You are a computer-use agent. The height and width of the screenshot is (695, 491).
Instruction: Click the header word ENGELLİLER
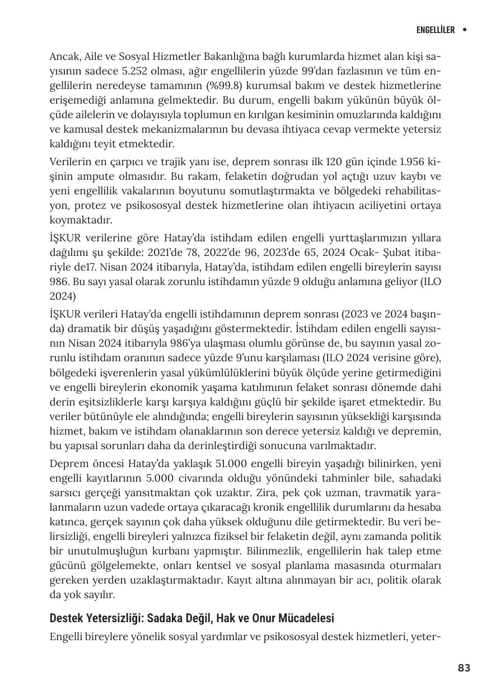pyautogui.click(x=435, y=30)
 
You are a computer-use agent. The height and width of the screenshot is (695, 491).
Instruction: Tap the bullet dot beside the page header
pyautogui.click(x=464, y=30)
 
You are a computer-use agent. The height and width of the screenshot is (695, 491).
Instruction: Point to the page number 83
pyautogui.click(x=464, y=668)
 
